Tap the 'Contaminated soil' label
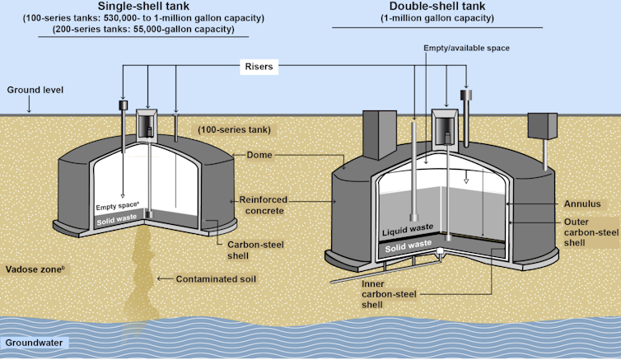216,279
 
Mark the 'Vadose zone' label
34,269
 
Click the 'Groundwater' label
35,343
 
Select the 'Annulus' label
580,203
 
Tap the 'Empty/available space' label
466,49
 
